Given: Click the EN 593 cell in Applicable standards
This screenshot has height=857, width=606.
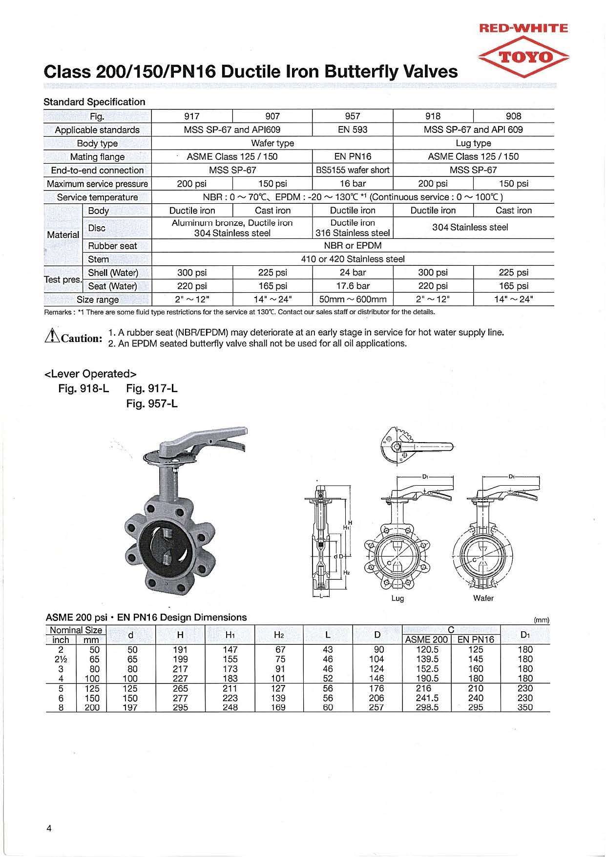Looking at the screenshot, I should pyautogui.click(x=353, y=129).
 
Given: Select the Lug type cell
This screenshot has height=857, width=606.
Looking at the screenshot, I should pyautogui.click(x=473, y=143).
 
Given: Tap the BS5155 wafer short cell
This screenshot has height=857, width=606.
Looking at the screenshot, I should pyautogui.click(x=353, y=170).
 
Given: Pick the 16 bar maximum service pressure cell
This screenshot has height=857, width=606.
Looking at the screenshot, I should pyautogui.click(x=353, y=184).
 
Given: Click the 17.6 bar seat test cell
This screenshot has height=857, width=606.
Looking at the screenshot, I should pyautogui.click(x=353, y=286).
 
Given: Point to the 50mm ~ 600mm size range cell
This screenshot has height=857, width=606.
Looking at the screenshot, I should pyautogui.click(x=353, y=299).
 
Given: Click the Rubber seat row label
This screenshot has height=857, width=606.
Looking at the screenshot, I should pyautogui.click(x=112, y=246).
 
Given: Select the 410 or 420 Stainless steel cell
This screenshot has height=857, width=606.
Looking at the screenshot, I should pyautogui.click(x=353, y=259).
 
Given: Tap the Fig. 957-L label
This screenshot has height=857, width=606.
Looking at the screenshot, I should pyautogui.click(x=152, y=404).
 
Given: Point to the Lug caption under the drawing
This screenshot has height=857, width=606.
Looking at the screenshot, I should pyautogui.click(x=397, y=598).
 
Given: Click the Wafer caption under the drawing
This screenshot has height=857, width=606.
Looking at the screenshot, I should pyautogui.click(x=483, y=598).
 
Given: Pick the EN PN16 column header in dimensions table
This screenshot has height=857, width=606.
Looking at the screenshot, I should pyautogui.click(x=476, y=640).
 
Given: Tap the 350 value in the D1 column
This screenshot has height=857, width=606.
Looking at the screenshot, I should pyautogui.click(x=525, y=707).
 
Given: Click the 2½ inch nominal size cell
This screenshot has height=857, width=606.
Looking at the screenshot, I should pyautogui.click(x=61, y=659).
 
